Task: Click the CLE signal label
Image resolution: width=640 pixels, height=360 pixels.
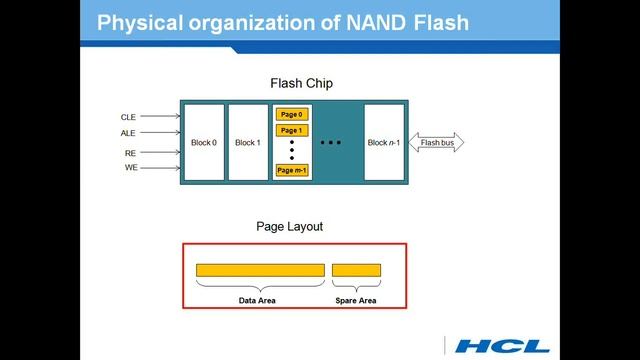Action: [x=129, y=117]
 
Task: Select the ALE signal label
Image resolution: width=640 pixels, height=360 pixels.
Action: [x=129, y=132]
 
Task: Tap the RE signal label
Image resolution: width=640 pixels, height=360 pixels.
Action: [x=130, y=153]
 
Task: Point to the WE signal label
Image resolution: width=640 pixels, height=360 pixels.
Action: [x=130, y=168]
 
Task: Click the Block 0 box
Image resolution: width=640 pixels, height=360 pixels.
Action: [x=204, y=142]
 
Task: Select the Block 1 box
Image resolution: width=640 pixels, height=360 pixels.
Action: [x=247, y=142]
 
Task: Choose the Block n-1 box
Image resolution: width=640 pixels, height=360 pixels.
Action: [x=383, y=142]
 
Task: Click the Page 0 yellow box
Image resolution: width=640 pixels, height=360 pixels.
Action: [x=291, y=114]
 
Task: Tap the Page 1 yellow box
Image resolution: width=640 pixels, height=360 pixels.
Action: [x=291, y=130]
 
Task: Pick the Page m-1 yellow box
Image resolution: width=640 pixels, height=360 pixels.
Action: [x=291, y=170]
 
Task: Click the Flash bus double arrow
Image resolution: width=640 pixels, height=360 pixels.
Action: [x=437, y=143]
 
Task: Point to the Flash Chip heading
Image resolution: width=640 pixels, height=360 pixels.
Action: [x=301, y=83]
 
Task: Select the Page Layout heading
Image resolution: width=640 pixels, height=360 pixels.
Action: [x=290, y=227]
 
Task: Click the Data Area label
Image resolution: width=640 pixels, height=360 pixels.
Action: [x=257, y=299]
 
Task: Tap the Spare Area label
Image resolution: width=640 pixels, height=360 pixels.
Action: [x=355, y=299]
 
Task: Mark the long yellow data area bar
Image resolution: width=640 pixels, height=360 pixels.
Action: [x=260, y=270]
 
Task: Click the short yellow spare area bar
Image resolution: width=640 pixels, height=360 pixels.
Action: [x=356, y=270]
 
